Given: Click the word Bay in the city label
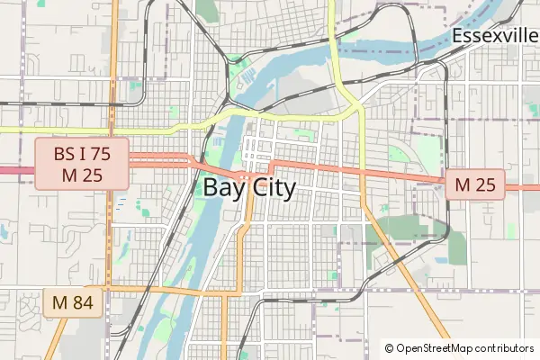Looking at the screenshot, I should (x=223, y=188).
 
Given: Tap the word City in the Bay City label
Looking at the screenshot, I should (x=270, y=188).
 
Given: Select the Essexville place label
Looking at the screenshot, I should (x=494, y=36).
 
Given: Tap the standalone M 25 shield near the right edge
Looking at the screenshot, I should (x=475, y=185).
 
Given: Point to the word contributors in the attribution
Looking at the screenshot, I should (x=504, y=348).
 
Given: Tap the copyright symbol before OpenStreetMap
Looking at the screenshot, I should (x=389, y=348).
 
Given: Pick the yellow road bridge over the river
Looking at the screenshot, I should (x=236, y=112).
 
